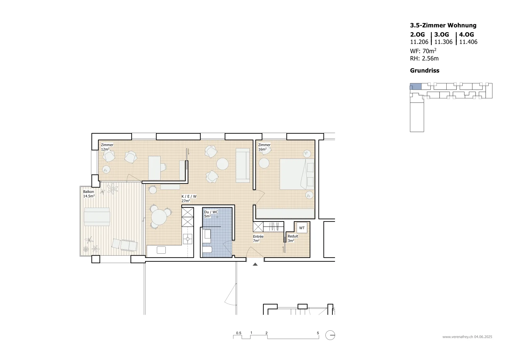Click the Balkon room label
point(89,194)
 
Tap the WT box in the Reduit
point(302,228)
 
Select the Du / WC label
point(211,214)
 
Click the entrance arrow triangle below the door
point(255,264)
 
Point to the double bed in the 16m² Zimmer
point(297,174)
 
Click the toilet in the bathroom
point(207,250)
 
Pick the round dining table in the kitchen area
point(159,217)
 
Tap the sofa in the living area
point(243,165)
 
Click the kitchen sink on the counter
point(161,250)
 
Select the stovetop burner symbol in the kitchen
point(188,239)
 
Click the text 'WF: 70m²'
point(423,51)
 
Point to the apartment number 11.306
point(443,42)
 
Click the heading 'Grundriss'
point(424,70)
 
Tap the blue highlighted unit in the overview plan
point(415,86)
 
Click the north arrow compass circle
point(330,335)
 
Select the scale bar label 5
point(318,333)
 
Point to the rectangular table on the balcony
point(97,216)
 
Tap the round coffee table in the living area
point(222,164)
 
